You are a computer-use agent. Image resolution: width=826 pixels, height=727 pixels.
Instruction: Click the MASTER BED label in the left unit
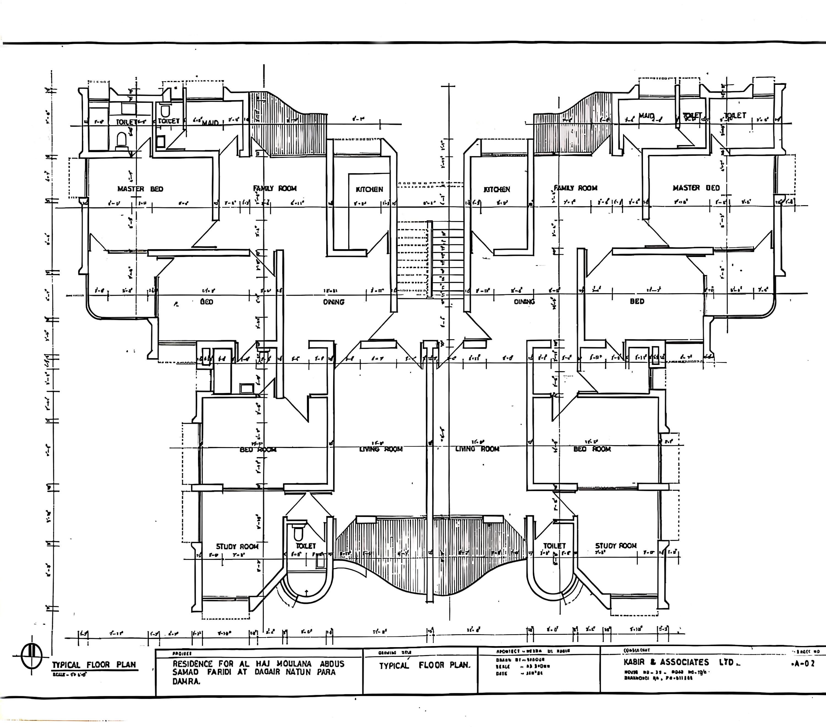tap(140, 189)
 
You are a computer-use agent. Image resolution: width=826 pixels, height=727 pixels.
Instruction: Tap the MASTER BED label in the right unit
tap(696, 188)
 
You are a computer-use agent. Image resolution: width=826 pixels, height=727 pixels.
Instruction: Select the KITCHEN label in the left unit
tap(369, 189)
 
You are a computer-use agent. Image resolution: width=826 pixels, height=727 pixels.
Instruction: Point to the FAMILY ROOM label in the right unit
tap(575, 188)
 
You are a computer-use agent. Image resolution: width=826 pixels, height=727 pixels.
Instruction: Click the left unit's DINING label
tap(333, 302)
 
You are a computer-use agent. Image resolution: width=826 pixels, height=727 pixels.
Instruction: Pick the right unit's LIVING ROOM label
tap(477, 449)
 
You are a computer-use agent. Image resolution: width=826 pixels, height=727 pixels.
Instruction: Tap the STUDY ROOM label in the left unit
tap(237, 546)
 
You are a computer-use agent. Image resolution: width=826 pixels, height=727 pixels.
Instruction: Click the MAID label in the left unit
tap(210, 123)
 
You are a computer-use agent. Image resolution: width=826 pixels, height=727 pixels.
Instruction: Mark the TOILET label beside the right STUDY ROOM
tap(555, 546)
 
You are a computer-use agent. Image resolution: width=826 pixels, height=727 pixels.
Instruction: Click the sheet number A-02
tap(804, 664)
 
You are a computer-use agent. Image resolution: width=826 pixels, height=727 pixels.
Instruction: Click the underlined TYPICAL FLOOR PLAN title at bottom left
tap(94, 665)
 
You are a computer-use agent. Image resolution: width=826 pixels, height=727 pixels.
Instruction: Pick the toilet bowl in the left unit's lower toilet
tap(298, 533)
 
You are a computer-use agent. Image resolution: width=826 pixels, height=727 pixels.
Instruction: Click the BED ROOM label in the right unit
tap(592, 449)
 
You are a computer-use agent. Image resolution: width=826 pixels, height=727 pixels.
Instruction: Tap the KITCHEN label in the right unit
tap(497, 189)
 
